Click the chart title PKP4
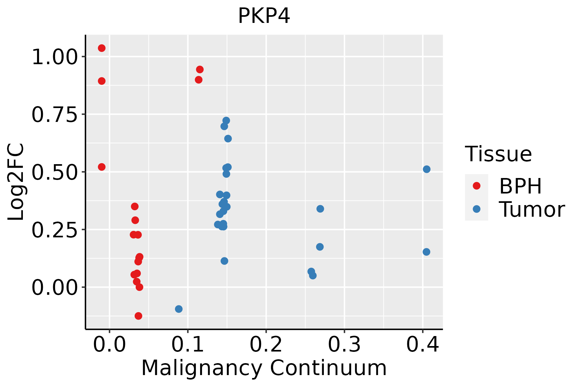(x=264, y=16)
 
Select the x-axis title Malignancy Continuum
(x=264, y=368)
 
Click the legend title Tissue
(x=498, y=154)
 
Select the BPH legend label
(x=520, y=186)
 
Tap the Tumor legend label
(x=532, y=210)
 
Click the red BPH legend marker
(x=476, y=186)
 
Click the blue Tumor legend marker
(x=476, y=209)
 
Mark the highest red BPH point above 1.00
(x=101, y=48)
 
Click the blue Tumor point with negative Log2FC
(x=179, y=309)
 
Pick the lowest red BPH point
(x=138, y=316)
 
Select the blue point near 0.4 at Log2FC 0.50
(x=426, y=169)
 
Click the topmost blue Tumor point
(x=226, y=121)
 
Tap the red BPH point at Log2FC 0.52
(x=101, y=167)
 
